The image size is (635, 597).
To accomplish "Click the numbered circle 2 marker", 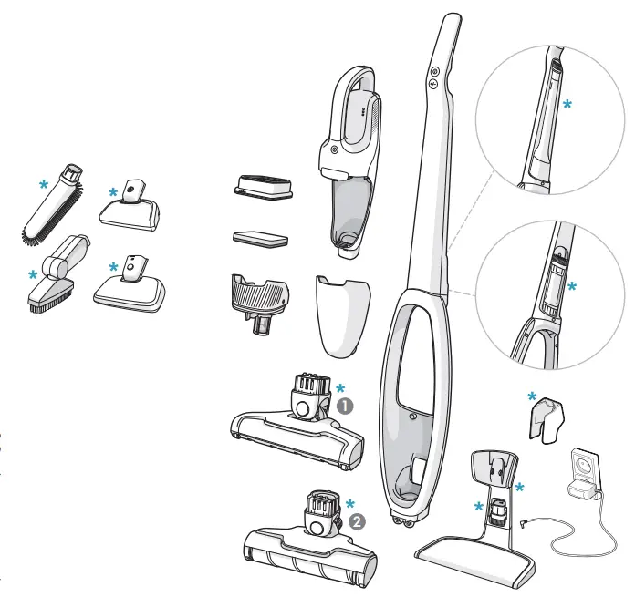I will pyautogui.click(x=357, y=522).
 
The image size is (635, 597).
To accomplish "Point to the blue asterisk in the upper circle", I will pyautogui.click(x=567, y=106).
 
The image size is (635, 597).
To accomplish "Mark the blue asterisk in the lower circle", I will pyautogui.click(x=572, y=286).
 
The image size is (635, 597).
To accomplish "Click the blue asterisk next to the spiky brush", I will pyautogui.click(x=43, y=184).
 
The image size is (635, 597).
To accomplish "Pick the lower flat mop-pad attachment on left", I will pyautogui.click(x=131, y=286).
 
